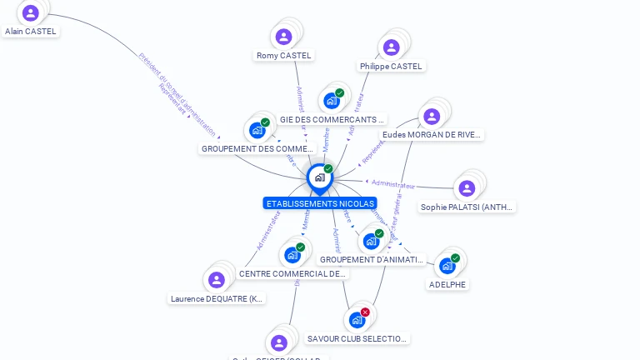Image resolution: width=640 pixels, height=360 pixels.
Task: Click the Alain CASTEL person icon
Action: (x=31, y=12)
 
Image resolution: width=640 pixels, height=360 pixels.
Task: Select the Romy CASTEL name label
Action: (x=283, y=56)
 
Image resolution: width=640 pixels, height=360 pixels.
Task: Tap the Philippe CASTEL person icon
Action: (x=391, y=47)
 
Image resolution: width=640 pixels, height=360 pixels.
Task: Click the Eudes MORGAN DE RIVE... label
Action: (x=432, y=134)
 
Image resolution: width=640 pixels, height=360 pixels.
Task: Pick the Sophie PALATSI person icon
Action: (x=467, y=188)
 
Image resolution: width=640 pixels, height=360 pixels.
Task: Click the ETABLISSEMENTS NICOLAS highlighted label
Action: (x=320, y=203)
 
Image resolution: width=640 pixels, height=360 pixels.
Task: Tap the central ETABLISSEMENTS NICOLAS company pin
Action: (x=319, y=177)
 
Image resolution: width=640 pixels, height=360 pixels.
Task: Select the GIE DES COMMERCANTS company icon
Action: (x=332, y=101)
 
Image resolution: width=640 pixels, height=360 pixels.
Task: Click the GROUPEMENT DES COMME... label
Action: (x=257, y=149)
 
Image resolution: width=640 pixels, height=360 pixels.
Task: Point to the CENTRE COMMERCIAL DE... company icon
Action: (x=292, y=255)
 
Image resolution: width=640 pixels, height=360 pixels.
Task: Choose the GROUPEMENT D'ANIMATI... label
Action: (x=372, y=259)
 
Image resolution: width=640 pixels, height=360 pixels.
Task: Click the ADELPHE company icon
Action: (x=447, y=266)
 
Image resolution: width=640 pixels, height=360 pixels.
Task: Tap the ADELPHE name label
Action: (x=447, y=284)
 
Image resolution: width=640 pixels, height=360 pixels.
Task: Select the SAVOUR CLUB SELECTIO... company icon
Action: (x=357, y=320)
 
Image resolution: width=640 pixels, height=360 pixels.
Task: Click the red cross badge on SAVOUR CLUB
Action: (x=365, y=312)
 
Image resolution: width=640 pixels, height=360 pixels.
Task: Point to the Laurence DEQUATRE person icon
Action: (x=217, y=280)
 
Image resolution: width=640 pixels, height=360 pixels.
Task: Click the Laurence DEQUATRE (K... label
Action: (x=217, y=298)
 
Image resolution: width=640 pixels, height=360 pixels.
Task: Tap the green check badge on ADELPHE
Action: (x=455, y=258)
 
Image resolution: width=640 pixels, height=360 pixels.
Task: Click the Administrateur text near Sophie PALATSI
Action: (x=393, y=183)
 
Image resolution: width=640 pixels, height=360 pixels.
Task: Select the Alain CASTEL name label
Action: (x=31, y=31)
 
